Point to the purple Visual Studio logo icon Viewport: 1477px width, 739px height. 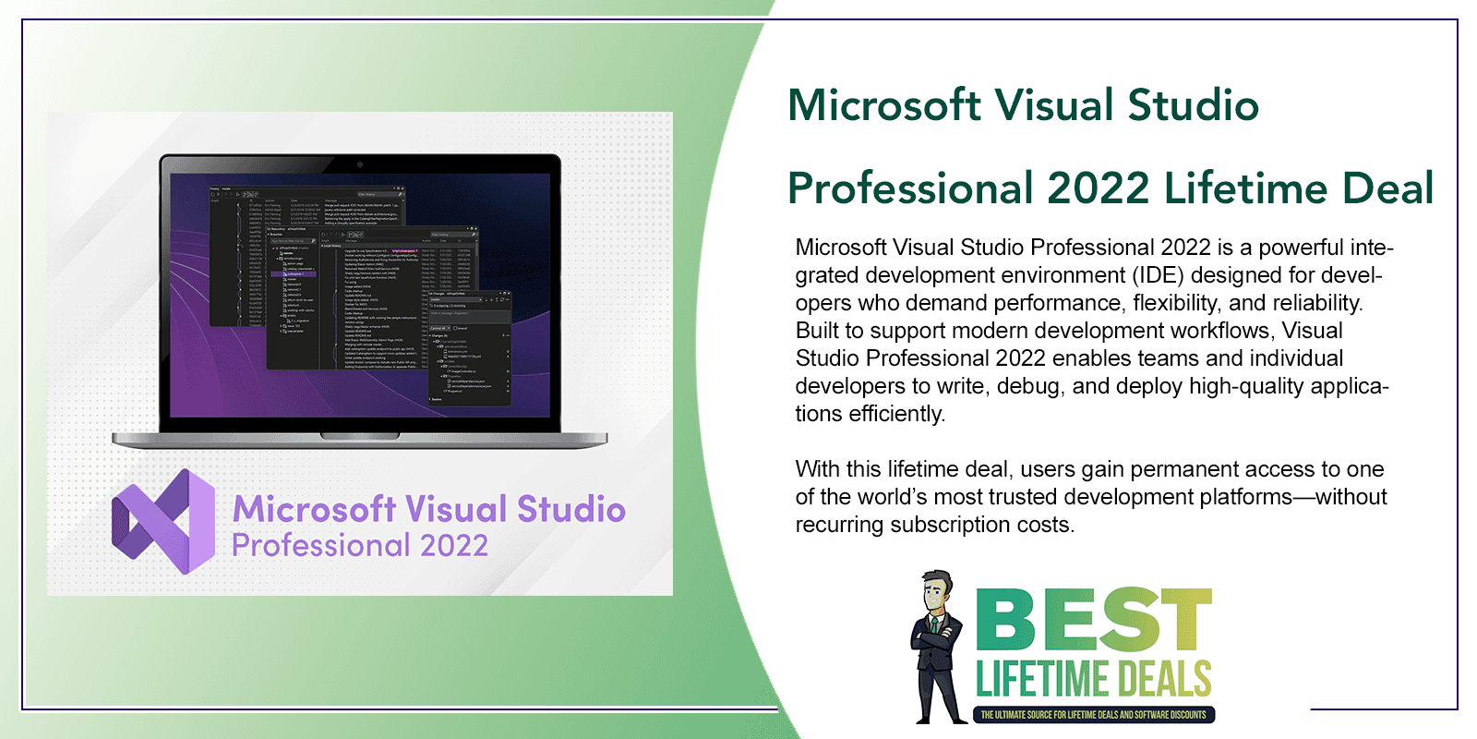pos(163,521)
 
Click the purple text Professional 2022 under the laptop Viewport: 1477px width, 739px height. pos(359,546)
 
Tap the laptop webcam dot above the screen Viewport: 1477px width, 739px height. pos(360,164)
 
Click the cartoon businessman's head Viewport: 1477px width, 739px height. pos(937,592)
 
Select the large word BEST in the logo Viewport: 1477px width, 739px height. pos(1094,621)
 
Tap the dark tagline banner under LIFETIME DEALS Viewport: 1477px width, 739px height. pos(1093,715)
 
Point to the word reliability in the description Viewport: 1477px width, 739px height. pos(1316,303)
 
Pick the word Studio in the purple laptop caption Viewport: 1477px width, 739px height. pos(570,509)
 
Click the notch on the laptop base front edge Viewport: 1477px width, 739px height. pos(360,436)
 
